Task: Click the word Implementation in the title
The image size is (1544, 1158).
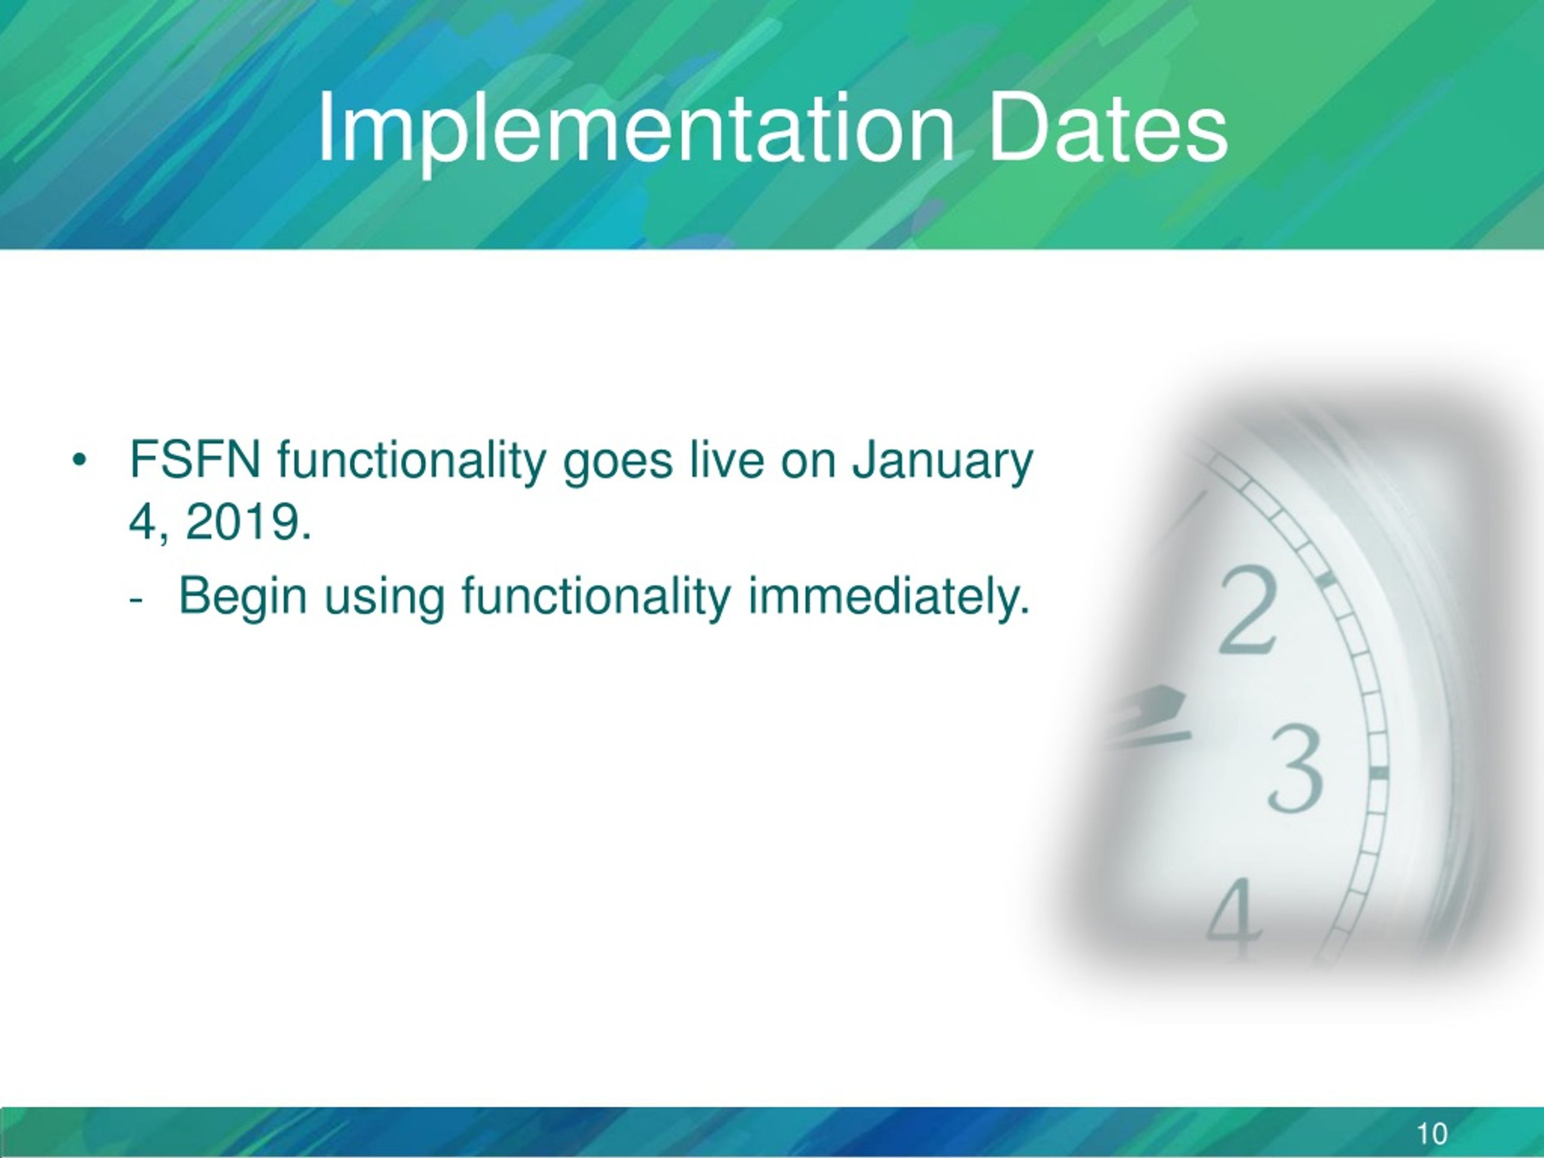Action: point(636,129)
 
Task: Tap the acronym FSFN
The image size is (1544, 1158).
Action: point(195,460)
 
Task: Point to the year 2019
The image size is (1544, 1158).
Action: point(248,522)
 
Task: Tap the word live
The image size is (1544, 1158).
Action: point(726,460)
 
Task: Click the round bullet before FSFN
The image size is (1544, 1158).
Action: point(79,461)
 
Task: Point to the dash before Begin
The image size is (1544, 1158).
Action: point(136,602)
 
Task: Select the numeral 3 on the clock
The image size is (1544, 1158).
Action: point(1296,770)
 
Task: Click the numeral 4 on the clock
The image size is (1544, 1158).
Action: point(1234,920)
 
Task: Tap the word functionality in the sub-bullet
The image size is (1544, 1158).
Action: point(597,600)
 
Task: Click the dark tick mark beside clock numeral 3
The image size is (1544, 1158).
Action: point(1378,773)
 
